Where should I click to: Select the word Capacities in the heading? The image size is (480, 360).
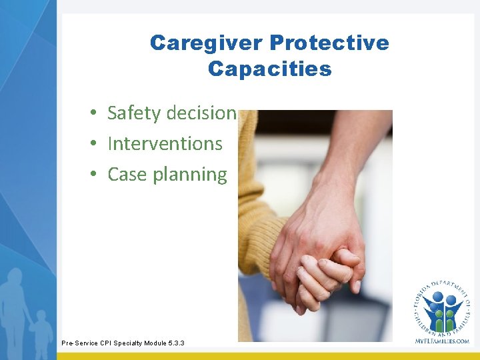tap(269, 69)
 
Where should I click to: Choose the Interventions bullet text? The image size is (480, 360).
tap(165, 144)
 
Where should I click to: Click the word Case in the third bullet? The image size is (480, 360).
tap(127, 175)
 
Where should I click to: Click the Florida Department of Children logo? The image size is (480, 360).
tap(442, 307)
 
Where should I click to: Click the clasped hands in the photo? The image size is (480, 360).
tap(320, 267)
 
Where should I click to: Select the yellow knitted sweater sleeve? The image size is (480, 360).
tap(257, 220)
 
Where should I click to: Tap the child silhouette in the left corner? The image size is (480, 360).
tap(41, 330)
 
